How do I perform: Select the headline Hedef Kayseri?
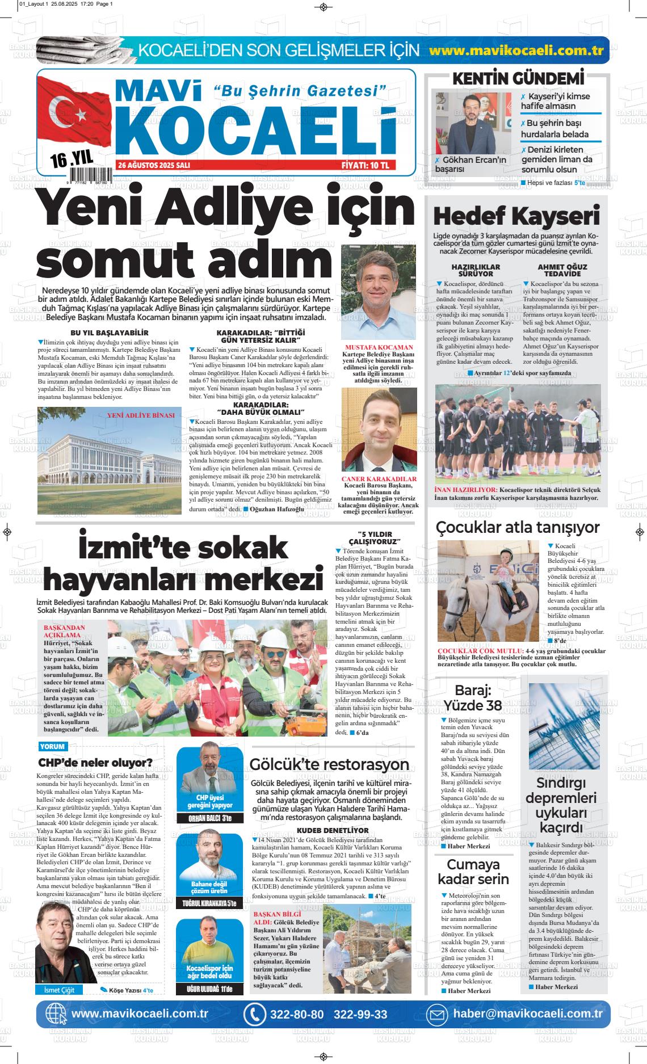[x=516, y=216]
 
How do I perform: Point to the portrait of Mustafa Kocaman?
[x=379, y=292]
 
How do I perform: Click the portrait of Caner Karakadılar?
[x=379, y=431]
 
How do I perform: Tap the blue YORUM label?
[x=52, y=746]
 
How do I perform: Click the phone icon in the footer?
[x=255, y=1014]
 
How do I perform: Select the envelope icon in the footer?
[x=437, y=1014]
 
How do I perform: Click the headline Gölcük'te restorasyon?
[x=329, y=764]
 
